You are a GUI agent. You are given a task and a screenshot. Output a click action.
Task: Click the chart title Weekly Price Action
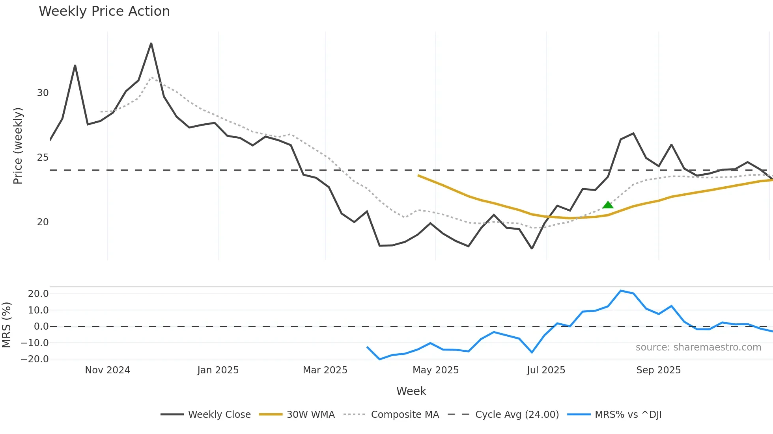(104, 11)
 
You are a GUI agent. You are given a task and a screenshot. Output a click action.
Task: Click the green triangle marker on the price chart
(608, 205)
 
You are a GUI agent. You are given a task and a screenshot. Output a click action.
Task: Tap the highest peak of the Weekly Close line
(151, 44)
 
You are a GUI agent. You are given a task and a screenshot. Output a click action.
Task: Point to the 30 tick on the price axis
(43, 93)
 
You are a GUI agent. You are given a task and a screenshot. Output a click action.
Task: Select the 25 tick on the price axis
(43, 158)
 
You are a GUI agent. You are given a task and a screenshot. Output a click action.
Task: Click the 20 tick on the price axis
(43, 222)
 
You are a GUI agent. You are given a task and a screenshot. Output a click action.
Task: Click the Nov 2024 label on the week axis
(107, 370)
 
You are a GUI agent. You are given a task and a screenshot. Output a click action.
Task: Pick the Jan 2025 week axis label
(218, 370)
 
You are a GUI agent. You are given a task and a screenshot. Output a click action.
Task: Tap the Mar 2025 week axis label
(325, 370)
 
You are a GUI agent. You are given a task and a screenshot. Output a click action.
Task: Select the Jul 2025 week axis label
(546, 370)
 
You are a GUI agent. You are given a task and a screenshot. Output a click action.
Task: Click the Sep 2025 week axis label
(658, 370)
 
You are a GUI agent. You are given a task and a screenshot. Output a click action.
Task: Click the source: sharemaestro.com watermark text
(698, 347)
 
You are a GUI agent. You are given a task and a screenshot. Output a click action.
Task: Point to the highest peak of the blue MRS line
(620, 291)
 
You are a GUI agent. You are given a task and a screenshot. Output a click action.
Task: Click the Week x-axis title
(411, 391)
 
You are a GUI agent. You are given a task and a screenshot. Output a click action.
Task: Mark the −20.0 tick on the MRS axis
(35, 359)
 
